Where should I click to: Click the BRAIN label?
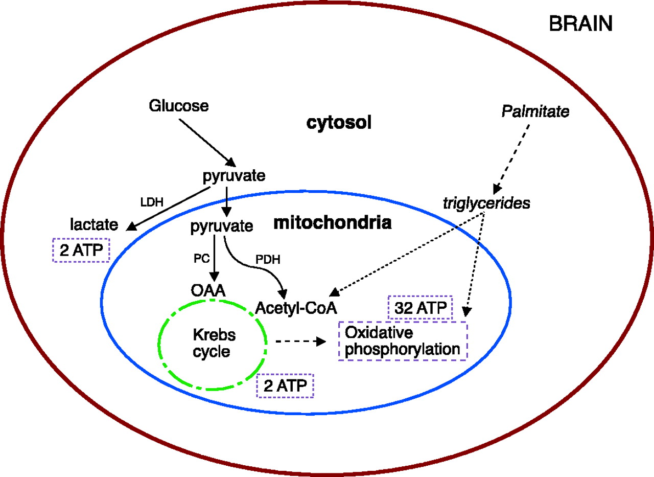pyautogui.click(x=580, y=24)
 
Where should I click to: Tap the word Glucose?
pyautogui.click(x=179, y=106)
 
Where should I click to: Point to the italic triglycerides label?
pyautogui.click(x=486, y=203)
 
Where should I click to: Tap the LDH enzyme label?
pyautogui.click(x=151, y=201)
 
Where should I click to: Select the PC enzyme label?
pyautogui.click(x=202, y=258)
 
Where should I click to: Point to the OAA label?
pyautogui.click(x=208, y=291)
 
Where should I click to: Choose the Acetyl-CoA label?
pyautogui.click(x=297, y=307)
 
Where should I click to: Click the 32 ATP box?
pyautogui.click(x=421, y=308)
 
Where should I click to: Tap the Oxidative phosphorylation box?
pyautogui.click(x=403, y=341)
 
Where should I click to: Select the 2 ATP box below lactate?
pyautogui.click(x=81, y=251)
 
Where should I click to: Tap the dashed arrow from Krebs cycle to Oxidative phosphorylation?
pyautogui.click(x=300, y=340)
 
